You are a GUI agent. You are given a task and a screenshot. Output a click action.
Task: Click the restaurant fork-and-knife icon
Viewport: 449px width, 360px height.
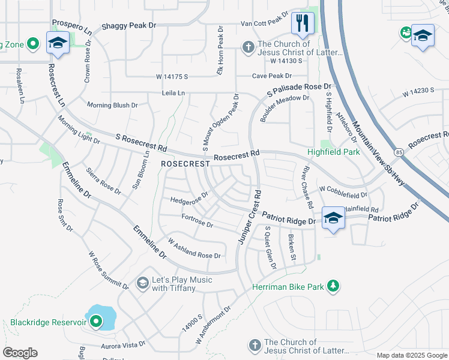(303, 23)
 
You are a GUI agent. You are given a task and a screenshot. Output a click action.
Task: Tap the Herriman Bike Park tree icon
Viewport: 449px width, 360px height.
(334, 288)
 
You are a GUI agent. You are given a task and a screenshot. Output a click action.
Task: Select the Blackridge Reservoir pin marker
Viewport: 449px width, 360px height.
(95, 322)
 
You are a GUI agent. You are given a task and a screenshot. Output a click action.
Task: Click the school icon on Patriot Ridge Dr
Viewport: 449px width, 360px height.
(333, 218)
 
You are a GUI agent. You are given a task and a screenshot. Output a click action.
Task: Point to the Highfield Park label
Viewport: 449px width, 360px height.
(334, 152)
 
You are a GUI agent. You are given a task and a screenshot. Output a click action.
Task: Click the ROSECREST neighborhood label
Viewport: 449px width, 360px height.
(185, 164)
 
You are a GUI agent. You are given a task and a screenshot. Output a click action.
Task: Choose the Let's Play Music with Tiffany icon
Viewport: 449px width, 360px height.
(142, 282)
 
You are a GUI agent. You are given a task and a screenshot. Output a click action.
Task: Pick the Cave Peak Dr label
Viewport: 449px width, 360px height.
(271, 76)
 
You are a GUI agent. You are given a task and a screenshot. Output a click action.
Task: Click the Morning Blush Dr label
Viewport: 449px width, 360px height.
(112, 105)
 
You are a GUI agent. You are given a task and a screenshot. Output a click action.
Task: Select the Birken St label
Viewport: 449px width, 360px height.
(292, 248)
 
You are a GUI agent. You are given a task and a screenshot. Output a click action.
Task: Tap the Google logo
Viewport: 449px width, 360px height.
(20, 353)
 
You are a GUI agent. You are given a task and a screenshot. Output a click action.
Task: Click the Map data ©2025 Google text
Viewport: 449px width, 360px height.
(411, 355)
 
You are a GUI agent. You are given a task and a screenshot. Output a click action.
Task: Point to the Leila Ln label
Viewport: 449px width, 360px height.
(173, 94)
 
